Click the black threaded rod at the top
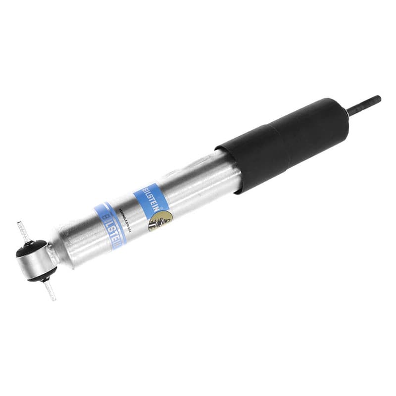tap(364, 105)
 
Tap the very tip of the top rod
tap(379, 99)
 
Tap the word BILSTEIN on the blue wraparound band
tap(108, 225)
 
